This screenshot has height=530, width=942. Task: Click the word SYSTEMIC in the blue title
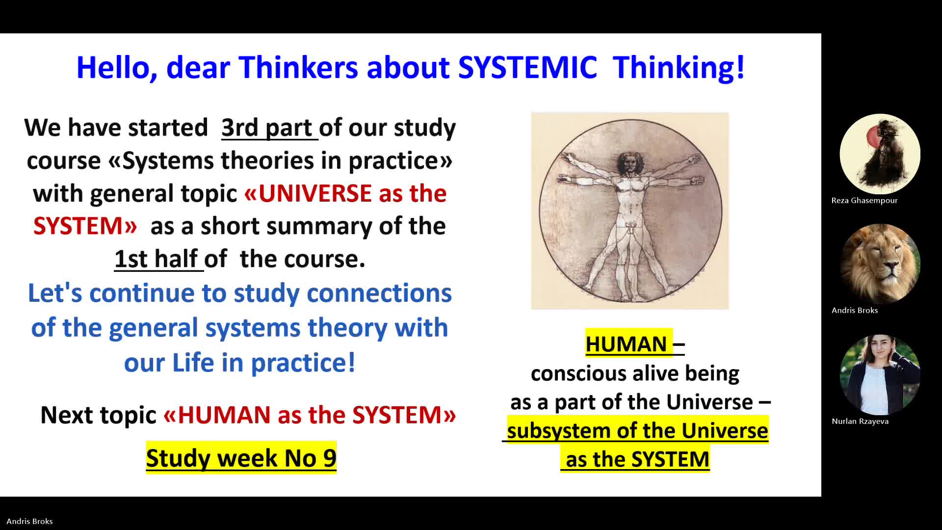(x=527, y=67)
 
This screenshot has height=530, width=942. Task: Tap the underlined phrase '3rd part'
(x=267, y=128)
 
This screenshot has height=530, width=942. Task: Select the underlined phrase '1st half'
(x=156, y=259)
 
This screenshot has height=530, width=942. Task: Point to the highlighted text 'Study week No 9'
(x=241, y=458)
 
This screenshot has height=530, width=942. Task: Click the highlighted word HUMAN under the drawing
(x=627, y=344)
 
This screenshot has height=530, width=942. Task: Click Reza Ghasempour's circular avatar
(x=880, y=154)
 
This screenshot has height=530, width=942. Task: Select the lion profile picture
(x=880, y=264)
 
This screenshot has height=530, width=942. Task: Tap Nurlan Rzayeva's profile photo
(x=880, y=375)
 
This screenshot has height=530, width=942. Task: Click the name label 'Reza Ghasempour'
(x=864, y=200)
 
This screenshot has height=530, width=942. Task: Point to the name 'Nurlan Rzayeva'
(x=860, y=421)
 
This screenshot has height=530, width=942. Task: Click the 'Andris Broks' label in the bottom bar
(x=29, y=521)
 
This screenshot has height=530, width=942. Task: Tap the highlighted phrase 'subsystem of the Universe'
(x=637, y=430)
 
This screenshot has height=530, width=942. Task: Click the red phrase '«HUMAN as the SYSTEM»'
(x=310, y=415)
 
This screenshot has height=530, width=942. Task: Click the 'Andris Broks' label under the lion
(x=855, y=310)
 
